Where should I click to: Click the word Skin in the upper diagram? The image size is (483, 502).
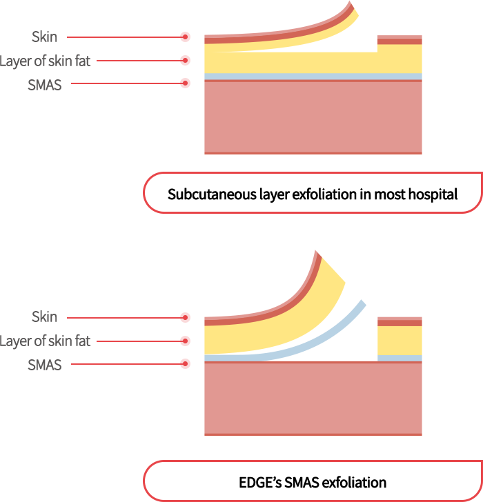[x=44, y=37]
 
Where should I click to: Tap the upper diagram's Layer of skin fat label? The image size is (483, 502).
[x=45, y=61]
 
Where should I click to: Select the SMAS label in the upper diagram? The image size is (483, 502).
[x=45, y=86]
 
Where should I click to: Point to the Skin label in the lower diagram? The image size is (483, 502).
[x=44, y=317]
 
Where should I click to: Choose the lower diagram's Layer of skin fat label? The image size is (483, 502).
[x=45, y=341]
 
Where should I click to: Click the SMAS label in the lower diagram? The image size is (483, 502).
[x=45, y=365]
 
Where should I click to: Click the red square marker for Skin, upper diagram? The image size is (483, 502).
[x=184, y=37]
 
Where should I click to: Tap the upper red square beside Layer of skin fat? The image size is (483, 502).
[x=184, y=60]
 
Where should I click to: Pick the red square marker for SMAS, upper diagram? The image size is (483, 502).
[x=184, y=83]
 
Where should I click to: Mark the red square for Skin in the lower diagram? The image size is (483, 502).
[x=184, y=317]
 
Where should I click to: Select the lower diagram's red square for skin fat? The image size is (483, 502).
[x=184, y=341]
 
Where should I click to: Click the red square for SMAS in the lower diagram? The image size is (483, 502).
[x=184, y=363]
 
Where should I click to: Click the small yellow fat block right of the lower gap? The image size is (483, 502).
[x=400, y=340]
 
